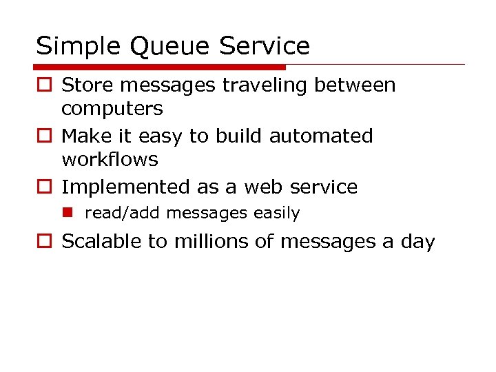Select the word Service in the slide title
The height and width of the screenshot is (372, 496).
click(x=264, y=46)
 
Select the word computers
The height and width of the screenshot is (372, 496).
click(x=112, y=109)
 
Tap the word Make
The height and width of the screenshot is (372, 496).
click(x=83, y=136)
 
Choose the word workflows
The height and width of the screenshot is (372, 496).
click(x=110, y=160)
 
